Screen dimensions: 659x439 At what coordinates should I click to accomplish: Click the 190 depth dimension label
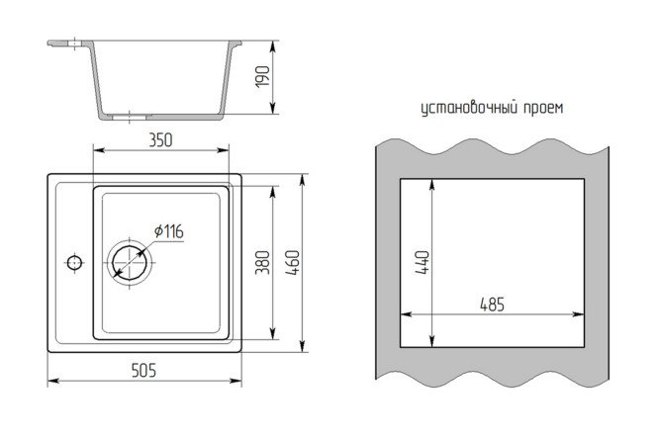pos(262,76)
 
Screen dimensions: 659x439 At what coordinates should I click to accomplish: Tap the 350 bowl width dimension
pos(160,140)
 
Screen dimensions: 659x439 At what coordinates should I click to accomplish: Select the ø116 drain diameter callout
pos(168,231)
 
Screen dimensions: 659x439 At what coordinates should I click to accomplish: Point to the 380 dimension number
pos(262,262)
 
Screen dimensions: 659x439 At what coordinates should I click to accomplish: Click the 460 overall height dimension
pos(293,263)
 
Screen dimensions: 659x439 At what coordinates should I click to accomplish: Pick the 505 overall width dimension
pos(143,371)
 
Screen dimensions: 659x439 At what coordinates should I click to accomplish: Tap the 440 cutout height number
pos(423,263)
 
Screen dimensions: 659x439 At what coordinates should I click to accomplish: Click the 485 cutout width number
pos(492,305)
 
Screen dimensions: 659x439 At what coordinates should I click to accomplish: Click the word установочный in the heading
pos(469,109)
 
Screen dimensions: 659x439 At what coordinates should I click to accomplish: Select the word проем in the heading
pos(543,109)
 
